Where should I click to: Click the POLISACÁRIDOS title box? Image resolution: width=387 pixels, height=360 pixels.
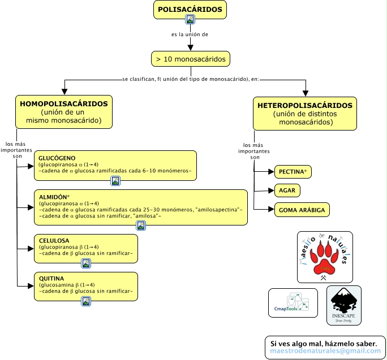[x=190, y=10]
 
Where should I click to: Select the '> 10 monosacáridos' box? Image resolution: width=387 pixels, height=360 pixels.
[x=191, y=59]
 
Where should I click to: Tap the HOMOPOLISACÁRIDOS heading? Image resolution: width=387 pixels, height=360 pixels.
[x=64, y=104]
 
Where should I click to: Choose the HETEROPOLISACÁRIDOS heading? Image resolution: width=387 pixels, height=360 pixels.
[x=305, y=106]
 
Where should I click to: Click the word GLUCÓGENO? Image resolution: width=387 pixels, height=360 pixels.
[x=57, y=158]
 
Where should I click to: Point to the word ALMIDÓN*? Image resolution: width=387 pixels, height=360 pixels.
[x=54, y=197]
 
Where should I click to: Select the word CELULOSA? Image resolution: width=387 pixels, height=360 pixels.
[x=54, y=241]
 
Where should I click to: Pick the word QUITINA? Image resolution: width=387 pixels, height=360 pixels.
[x=51, y=279]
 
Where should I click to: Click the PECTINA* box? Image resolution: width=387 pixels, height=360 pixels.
[x=293, y=172]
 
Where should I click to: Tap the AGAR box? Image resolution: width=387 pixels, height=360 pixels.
[x=287, y=190]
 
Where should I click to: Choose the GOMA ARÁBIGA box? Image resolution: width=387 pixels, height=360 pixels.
[x=302, y=210]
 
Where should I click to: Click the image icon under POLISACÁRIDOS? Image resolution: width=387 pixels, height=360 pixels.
[x=190, y=19]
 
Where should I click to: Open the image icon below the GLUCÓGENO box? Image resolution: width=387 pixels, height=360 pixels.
[x=115, y=181]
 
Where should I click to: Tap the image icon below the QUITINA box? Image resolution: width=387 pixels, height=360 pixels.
[x=86, y=301]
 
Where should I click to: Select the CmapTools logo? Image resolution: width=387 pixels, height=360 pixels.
[x=293, y=303]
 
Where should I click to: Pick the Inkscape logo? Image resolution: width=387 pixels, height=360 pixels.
[x=344, y=306]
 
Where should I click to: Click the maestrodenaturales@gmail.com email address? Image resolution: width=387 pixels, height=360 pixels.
[x=325, y=351]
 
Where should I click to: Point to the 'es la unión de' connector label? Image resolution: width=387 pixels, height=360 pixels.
[x=190, y=34]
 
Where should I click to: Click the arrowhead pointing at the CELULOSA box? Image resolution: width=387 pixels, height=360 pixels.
[x=31, y=249]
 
